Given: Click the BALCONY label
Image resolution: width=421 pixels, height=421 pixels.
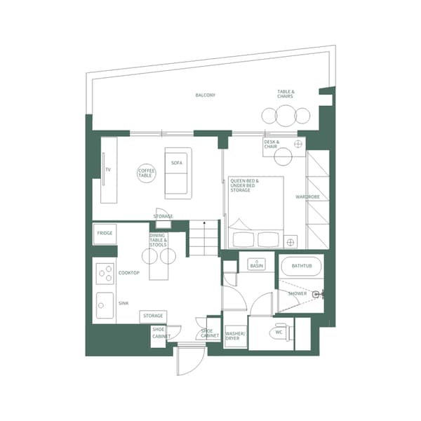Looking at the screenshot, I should (x=205, y=95).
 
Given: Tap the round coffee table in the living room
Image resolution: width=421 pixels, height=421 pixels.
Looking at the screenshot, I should (x=147, y=172).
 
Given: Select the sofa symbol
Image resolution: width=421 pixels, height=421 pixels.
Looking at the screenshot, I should (x=178, y=173).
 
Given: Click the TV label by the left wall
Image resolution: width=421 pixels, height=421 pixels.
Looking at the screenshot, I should (x=108, y=170).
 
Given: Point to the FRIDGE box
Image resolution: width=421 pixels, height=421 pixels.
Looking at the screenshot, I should (x=105, y=233).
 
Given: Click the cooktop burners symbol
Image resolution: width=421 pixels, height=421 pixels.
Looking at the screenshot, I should (x=105, y=272).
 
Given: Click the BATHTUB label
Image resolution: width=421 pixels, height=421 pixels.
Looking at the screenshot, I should (x=301, y=267).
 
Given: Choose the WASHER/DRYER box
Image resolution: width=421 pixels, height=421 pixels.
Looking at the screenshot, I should (x=233, y=335).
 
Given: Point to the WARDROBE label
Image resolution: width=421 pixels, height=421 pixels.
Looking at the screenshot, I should (x=308, y=197).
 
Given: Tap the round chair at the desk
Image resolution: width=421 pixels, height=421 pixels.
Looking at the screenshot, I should (x=299, y=144).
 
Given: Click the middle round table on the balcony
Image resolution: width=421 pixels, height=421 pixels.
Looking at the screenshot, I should (x=286, y=115).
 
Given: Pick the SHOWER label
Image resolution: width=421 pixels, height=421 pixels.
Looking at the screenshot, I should (x=298, y=293).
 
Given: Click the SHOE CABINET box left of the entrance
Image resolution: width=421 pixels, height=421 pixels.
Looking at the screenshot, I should (x=159, y=334).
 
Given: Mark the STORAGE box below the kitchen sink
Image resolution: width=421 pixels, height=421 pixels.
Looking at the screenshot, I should (x=154, y=316).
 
